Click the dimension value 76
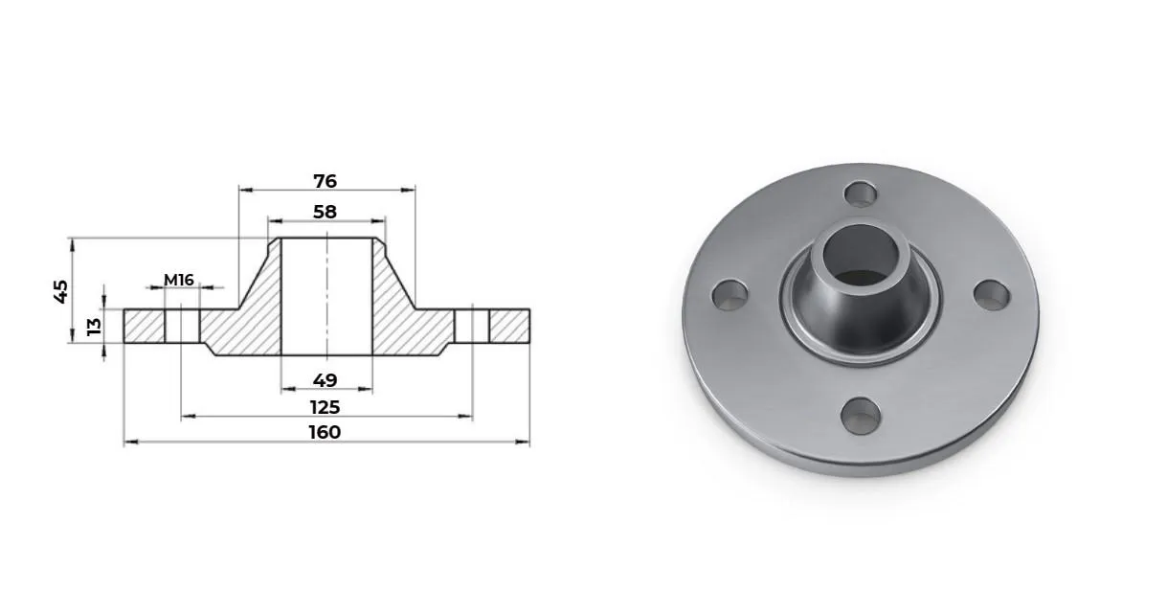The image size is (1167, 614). pos(325,181)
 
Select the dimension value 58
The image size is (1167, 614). pos(325,212)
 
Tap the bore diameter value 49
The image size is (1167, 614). pos(325,380)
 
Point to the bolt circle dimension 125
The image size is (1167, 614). pos(325,407)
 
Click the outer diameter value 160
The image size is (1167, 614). pos(325,432)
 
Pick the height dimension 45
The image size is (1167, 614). pos(61,292)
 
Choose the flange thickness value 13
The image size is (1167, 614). pos(94,327)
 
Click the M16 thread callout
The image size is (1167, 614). pos(179,281)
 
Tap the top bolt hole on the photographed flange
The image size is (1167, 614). pos(861,193)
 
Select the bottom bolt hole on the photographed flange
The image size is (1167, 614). pos(861,416)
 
